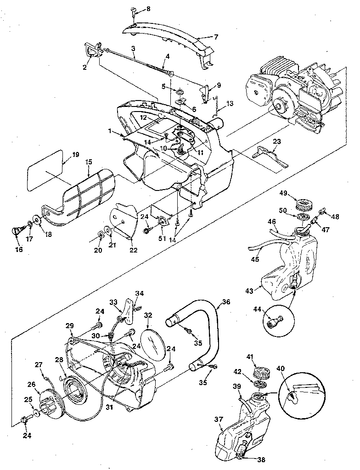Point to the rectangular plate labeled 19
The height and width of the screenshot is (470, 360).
click(x=44, y=167)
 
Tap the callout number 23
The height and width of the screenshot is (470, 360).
click(x=276, y=142)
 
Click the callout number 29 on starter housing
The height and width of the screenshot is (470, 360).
click(x=69, y=325)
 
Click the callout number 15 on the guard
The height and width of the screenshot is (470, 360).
click(x=88, y=162)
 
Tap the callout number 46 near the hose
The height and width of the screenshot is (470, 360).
click(x=272, y=221)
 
